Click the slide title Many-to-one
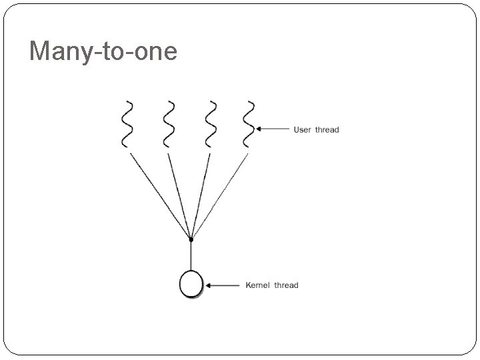point(103,51)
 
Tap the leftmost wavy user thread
point(126,123)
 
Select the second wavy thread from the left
point(167,123)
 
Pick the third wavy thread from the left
point(211,123)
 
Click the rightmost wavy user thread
point(249,123)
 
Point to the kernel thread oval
point(191,285)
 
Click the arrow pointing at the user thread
point(273,129)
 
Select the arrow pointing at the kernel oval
point(223,285)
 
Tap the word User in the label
point(303,129)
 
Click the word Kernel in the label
point(258,285)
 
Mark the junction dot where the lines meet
point(191,238)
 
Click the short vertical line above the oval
point(191,255)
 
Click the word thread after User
point(327,129)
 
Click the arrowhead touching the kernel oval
point(208,285)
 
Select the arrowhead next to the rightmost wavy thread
point(259,129)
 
